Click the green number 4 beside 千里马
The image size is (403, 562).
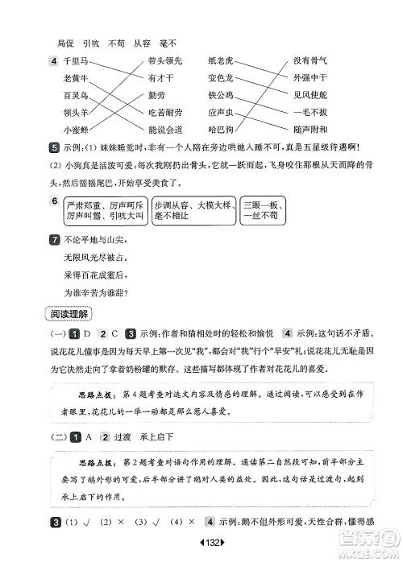53,62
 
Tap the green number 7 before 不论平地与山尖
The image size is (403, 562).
53,239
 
